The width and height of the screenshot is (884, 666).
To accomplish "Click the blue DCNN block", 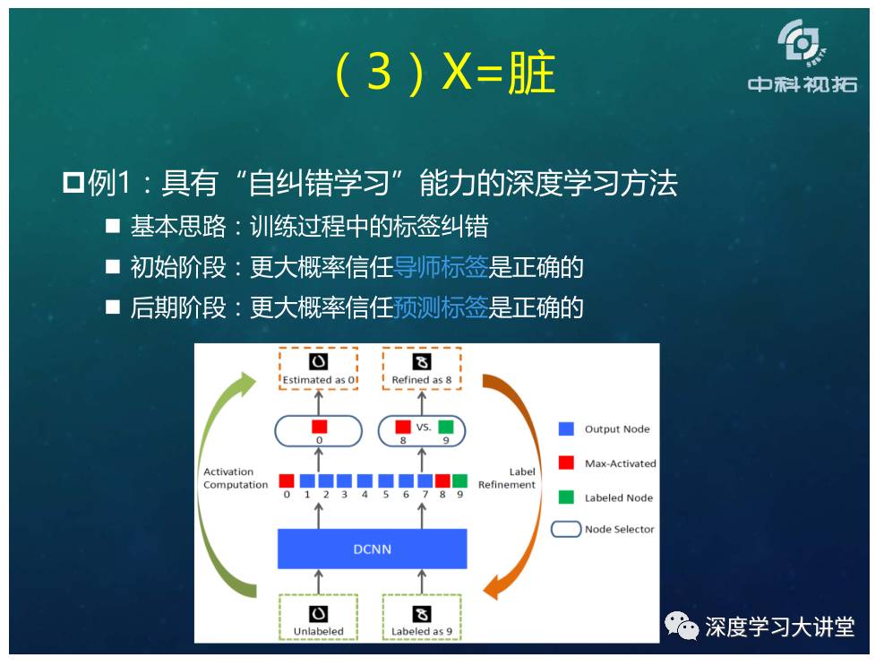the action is point(372,549).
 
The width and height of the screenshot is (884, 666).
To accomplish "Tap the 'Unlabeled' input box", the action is point(319,617).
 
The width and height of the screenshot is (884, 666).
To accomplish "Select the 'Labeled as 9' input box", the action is point(422,617).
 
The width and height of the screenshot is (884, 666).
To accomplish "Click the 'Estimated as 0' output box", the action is point(319,368).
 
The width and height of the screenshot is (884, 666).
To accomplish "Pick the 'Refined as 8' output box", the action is point(422,368).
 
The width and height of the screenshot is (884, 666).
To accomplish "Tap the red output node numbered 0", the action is point(287,480).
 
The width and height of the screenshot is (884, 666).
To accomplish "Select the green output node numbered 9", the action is point(460,480).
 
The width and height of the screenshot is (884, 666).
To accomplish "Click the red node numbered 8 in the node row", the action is point(442,480).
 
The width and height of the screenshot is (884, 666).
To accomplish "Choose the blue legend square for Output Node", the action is point(566,429).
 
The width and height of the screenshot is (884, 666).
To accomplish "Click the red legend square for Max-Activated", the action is point(566,463).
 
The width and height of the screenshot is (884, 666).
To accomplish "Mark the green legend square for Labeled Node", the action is point(566,497).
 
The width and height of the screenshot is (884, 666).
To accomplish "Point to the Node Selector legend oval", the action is point(566,529).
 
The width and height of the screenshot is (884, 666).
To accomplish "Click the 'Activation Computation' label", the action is point(236,478).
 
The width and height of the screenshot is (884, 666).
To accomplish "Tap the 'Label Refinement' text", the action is point(507,478).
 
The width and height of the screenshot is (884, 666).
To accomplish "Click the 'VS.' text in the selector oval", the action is point(424,428).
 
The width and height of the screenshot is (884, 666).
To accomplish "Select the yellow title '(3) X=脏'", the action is point(445,73).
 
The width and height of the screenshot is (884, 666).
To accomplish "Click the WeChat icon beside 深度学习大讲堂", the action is point(682,626).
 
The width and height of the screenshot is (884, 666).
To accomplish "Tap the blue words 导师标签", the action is point(441,267).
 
